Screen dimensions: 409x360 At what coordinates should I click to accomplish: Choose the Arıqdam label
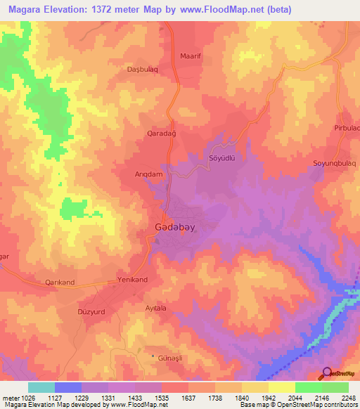[149, 173]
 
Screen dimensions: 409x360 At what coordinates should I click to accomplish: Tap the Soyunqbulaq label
[335, 163]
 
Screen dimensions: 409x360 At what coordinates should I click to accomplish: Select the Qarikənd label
[60, 283]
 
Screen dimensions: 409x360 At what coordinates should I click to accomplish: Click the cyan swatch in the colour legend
[41, 387]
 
